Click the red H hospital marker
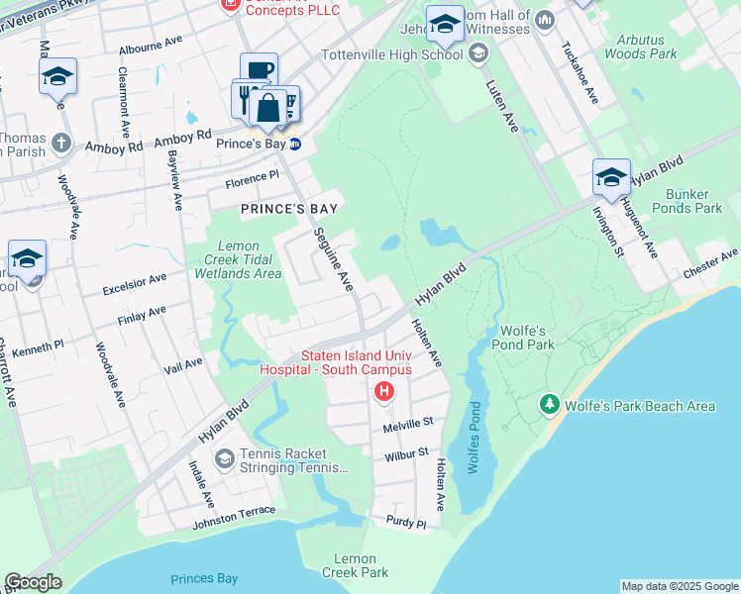coord(383,393)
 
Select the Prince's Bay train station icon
coord(294,144)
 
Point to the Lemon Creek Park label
coord(355,565)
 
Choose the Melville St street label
coord(408,423)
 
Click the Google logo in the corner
coord(33,582)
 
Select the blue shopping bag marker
coord(267,109)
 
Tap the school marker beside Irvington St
coord(611,178)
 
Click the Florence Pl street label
coord(253,180)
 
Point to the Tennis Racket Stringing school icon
coord(225,457)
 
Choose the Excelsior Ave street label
coord(134,286)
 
